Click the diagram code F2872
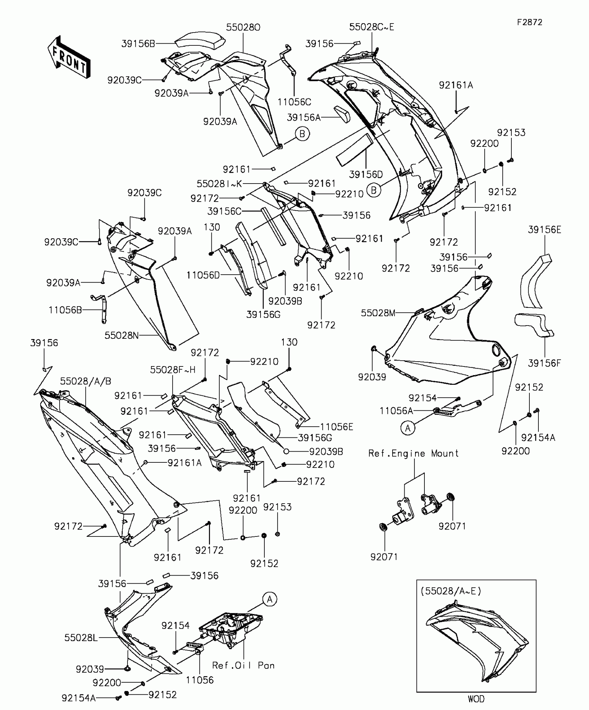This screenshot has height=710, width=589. (x=530, y=22)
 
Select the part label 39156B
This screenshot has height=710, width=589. (x=138, y=44)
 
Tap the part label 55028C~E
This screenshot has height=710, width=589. (x=371, y=27)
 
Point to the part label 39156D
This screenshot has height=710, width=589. (x=366, y=174)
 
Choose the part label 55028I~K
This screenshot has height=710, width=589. (x=219, y=184)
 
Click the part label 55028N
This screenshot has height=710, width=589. (x=122, y=335)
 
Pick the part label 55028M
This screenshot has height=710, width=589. (x=378, y=313)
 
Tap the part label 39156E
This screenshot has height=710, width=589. (x=545, y=230)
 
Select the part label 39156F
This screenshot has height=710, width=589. (x=544, y=363)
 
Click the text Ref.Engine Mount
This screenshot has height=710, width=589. (x=413, y=453)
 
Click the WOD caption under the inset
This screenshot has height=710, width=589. (x=476, y=699)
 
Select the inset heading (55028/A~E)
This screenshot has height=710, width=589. (x=451, y=591)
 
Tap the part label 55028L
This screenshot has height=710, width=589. (x=81, y=638)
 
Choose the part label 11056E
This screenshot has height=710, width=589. (x=336, y=427)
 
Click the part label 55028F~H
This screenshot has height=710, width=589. (x=173, y=370)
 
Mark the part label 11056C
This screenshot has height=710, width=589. (x=294, y=102)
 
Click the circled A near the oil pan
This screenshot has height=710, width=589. (x=270, y=599)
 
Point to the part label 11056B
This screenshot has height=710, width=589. (x=65, y=310)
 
